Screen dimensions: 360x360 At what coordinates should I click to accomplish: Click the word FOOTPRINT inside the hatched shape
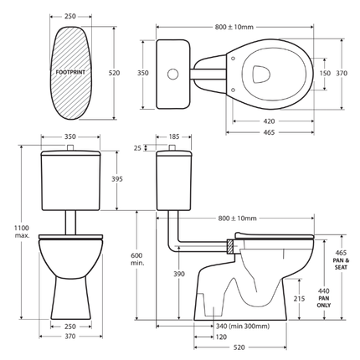click(x=70, y=74)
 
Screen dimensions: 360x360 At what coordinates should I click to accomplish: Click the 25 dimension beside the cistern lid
click(x=137, y=149)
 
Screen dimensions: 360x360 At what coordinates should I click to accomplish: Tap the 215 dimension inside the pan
click(x=300, y=298)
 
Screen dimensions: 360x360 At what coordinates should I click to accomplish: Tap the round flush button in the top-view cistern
click(x=172, y=74)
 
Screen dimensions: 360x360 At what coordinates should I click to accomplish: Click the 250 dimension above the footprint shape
click(x=70, y=16)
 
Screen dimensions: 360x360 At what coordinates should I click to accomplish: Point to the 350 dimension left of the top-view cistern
click(x=143, y=74)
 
